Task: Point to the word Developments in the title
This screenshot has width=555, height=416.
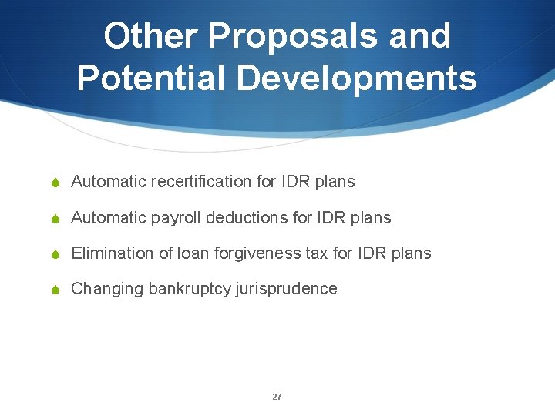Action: tap(358, 78)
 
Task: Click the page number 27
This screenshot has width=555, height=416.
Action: tap(277, 397)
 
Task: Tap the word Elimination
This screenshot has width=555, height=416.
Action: tap(107, 253)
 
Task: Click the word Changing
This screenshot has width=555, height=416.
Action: tap(107, 289)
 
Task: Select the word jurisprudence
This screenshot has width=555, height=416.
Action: tap(289, 289)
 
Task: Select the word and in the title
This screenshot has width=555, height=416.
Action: tap(420, 36)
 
